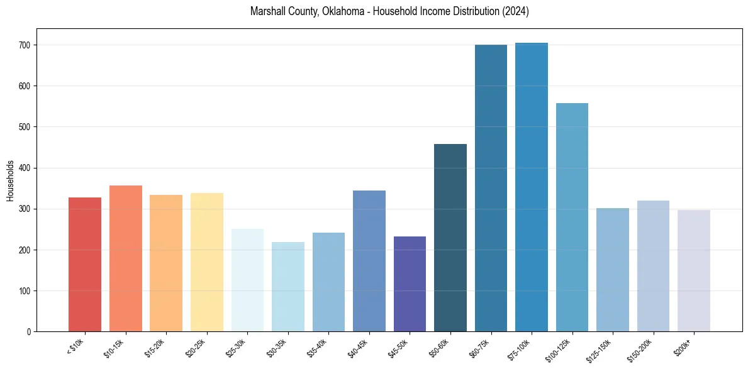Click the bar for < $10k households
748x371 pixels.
point(85,264)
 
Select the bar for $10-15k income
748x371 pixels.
point(125,258)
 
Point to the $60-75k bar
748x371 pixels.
point(491,188)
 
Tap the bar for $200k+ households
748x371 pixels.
point(694,270)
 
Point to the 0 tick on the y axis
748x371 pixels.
point(29,332)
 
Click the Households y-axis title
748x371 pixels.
point(11,180)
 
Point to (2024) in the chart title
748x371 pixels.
point(515,12)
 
